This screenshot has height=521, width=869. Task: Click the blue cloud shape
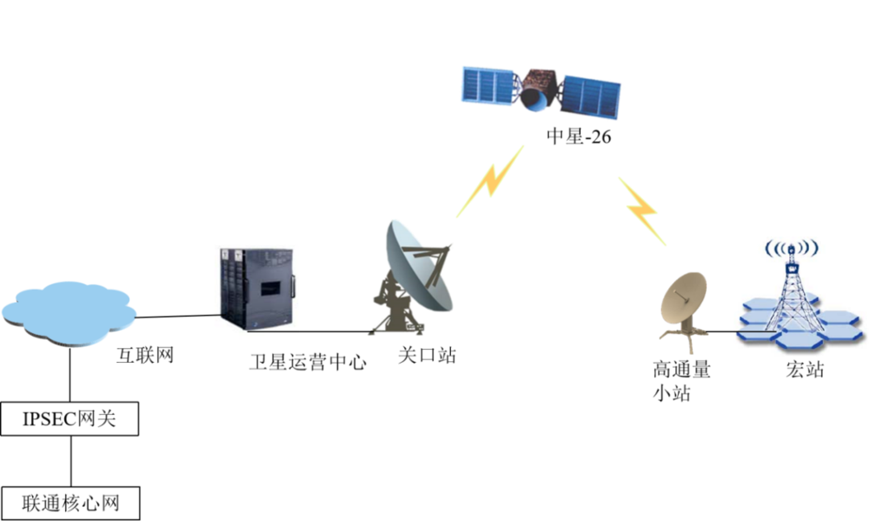[x=70, y=314]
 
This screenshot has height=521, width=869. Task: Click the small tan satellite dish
[x=684, y=297]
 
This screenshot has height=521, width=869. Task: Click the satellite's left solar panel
[x=489, y=85]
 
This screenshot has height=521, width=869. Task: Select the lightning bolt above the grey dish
[x=490, y=182]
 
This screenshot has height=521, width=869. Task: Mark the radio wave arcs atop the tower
[x=791, y=248]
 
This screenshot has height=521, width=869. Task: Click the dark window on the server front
[x=269, y=286]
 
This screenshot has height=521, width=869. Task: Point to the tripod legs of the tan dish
[x=686, y=338]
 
